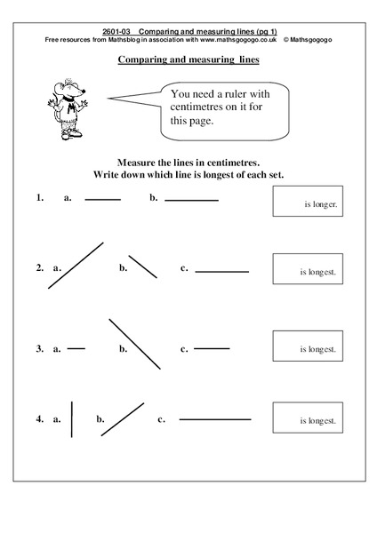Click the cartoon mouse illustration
(66, 107)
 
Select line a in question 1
(102, 199)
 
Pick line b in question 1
(191, 200)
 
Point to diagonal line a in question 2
(76, 266)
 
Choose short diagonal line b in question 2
(142, 266)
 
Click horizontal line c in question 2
(221, 271)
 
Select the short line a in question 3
(76, 348)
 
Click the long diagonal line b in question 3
(135, 344)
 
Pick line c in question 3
(212, 348)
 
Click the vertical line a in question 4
(72, 419)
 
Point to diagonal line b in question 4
(123, 418)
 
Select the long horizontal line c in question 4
(215, 418)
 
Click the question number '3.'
(40, 349)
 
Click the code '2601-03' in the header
(119, 31)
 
